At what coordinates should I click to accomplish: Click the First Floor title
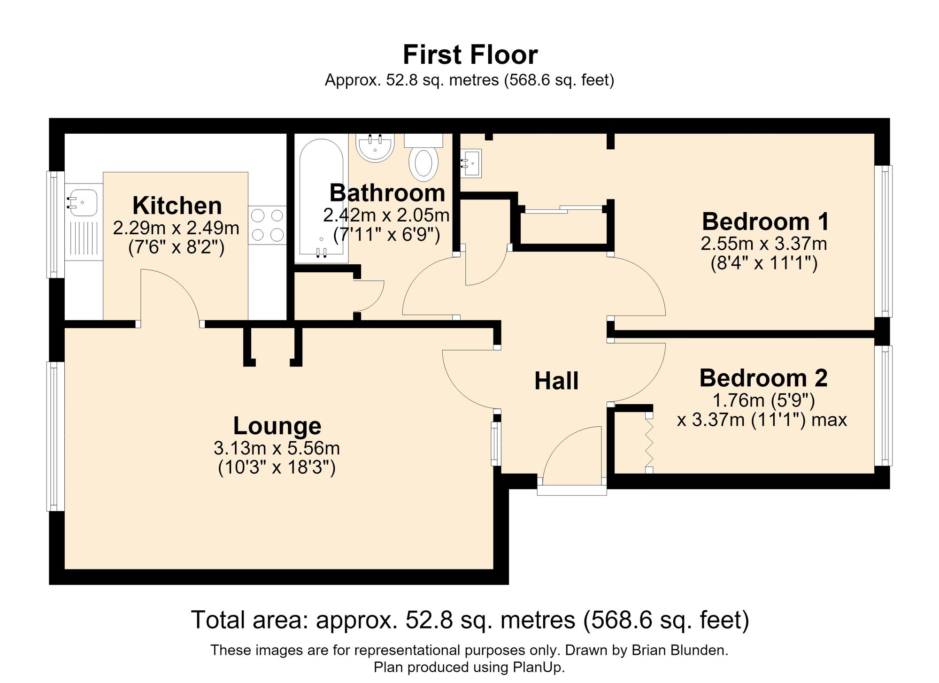(470, 55)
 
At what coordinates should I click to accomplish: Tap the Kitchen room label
(177, 206)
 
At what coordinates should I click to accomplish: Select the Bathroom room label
(387, 192)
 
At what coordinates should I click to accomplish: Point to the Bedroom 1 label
(765, 221)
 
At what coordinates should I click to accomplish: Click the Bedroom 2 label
(763, 378)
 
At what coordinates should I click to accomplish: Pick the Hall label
(556, 381)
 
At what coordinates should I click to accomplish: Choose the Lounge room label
(277, 426)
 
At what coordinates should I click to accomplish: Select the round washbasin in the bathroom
(375, 147)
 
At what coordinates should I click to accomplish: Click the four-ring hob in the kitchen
(267, 225)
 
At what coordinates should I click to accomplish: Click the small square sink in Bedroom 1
(470, 163)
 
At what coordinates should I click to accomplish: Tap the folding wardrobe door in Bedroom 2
(649, 443)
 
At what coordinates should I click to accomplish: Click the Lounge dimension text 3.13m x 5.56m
(277, 449)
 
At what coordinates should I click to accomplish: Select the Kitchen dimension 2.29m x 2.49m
(176, 228)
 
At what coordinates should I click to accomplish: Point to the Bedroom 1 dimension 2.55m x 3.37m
(764, 244)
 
